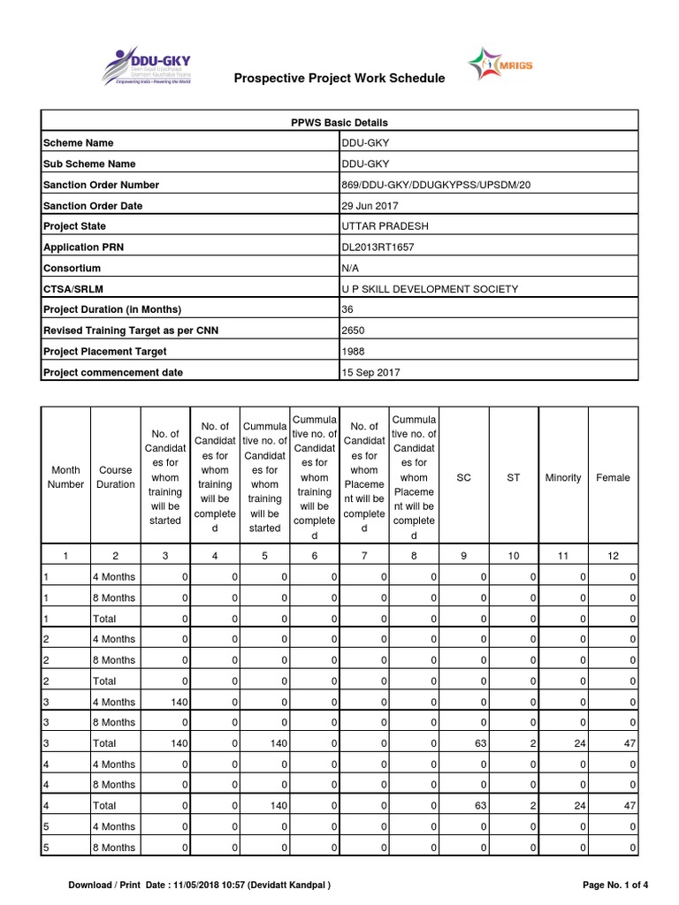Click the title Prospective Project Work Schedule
point(339,79)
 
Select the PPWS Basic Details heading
point(339,122)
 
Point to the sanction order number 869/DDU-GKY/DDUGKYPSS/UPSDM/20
point(436,185)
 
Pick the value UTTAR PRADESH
point(385,226)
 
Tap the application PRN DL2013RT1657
point(378,247)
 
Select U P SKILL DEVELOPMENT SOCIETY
point(430,289)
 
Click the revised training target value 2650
point(353,331)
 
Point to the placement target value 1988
point(353,352)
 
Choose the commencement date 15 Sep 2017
point(370,373)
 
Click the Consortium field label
point(72,268)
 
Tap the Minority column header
point(563,477)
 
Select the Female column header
point(613,477)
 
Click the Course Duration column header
point(116,477)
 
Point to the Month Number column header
point(66,477)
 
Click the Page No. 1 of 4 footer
point(615,885)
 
